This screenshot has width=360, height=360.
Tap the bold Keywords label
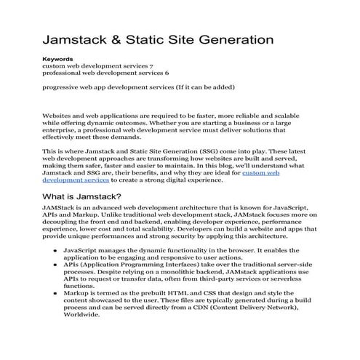(57, 58)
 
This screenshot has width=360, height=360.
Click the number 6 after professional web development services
(167, 73)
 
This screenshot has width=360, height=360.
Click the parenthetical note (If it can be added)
(199, 88)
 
